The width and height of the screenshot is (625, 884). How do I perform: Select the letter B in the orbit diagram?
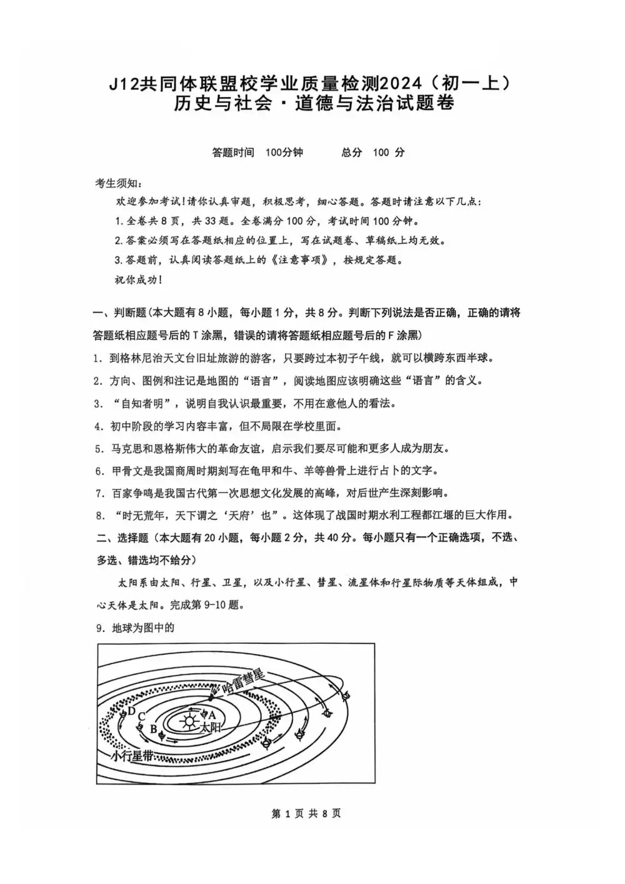(154, 729)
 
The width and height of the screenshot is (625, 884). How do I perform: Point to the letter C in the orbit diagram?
(142, 717)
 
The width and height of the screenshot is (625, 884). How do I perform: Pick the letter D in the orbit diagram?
(131, 711)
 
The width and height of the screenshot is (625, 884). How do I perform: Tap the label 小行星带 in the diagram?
(132, 756)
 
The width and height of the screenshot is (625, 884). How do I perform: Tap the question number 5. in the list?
(99, 449)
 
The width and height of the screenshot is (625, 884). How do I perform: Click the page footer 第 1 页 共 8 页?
(306, 813)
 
